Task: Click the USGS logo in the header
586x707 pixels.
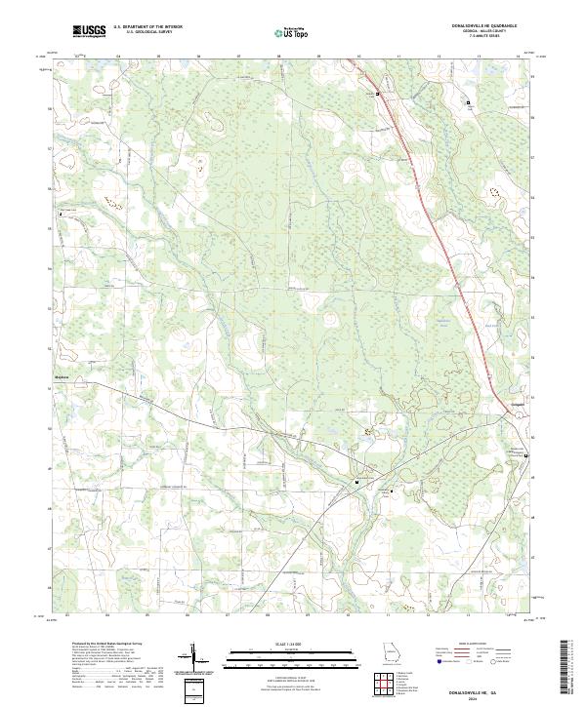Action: (88, 31)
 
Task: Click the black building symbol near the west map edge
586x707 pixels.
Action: (63, 212)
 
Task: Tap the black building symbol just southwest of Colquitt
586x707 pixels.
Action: (527, 456)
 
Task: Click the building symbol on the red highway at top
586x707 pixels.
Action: (379, 94)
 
